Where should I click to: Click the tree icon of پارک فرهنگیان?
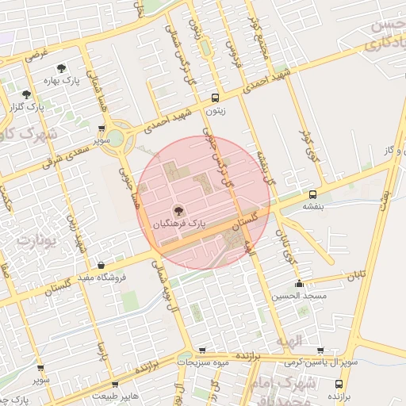tap(177, 212)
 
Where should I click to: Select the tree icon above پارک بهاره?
tap(62, 69)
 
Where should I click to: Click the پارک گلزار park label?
tap(24, 105)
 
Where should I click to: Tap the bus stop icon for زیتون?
tap(215, 98)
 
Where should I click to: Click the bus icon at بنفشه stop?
tap(312, 193)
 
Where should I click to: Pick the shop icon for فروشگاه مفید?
tap(101, 266)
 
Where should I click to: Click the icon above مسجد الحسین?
tap(299, 284)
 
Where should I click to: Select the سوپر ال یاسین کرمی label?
tap(316, 362)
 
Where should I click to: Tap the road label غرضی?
tap(37, 56)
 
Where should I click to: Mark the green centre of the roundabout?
tap(117, 137)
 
